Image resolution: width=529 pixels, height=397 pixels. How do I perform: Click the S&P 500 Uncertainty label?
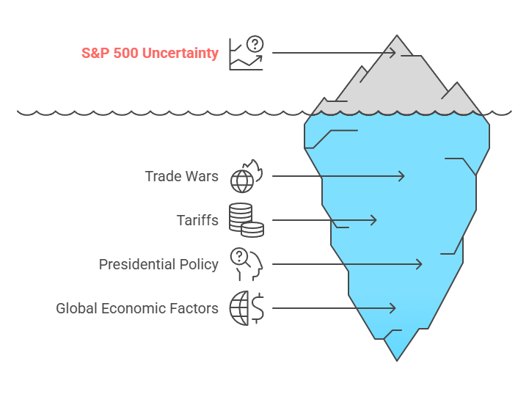pyautogui.click(x=150, y=53)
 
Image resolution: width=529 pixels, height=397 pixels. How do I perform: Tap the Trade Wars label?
pyautogui.click(x=181, y=176)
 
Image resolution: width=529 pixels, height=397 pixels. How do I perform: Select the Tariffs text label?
pyautogui.click(x=197, y=220)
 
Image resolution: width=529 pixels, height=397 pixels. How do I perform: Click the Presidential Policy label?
pyautogui.click(x=158, y=264)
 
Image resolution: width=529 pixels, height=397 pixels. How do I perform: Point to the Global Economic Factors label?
pyautogui.click(x=137, y=308)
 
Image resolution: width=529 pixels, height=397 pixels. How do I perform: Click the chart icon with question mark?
pyautogui.click(x=246, y=53)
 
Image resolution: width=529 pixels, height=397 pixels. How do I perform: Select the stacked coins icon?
pyautogui.click(x=246, y=220)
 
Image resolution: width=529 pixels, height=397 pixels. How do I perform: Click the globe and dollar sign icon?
pyautogui.click(x=246, y=308)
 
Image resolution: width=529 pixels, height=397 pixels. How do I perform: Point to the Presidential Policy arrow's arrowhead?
pyautogui.click(x=420, y=264)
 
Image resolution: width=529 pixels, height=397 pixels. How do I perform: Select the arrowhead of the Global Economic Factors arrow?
pyautogui.click(x=394, y=308)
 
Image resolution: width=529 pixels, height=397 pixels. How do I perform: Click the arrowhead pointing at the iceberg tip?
pyautogui.click(x=394, y=53)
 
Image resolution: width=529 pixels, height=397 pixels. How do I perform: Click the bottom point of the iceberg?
pyautogui.click(x=397, y=360)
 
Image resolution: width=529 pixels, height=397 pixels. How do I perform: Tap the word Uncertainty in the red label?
pyautogui.click(x=183, y=53)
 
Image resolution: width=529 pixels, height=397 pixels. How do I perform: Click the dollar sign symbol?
pyautogui.click(x=258, y=308)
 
